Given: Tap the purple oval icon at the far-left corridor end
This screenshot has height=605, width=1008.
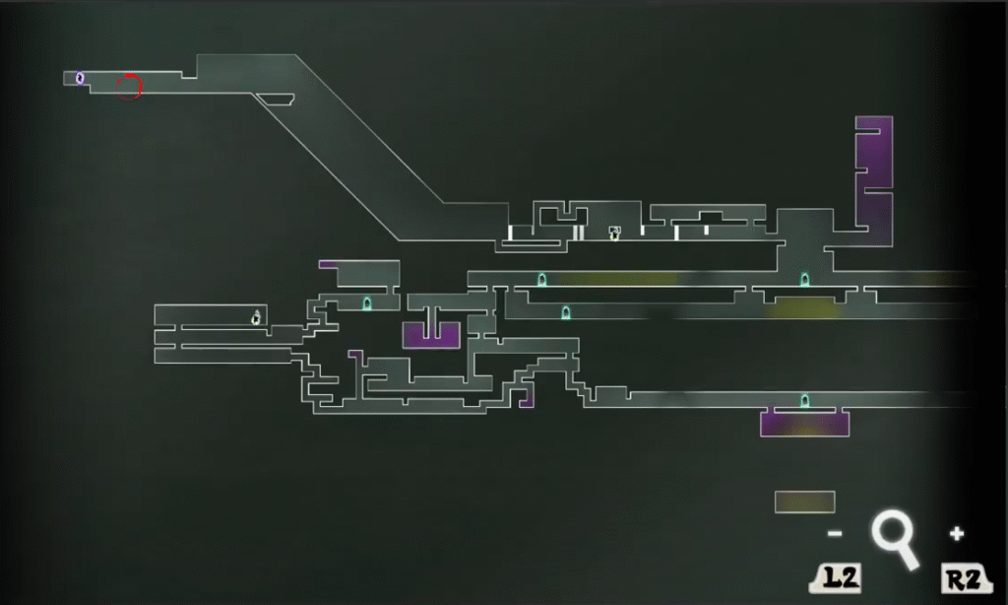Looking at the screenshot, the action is tap(80, 78).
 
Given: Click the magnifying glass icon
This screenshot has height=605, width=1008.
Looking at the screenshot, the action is tap(894, 539).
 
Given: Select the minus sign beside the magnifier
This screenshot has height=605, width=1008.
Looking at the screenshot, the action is tap(835, 533).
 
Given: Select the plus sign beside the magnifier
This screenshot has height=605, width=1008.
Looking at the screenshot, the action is tap(957, 533).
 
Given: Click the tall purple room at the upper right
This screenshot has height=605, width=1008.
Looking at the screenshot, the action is tap(874, 180).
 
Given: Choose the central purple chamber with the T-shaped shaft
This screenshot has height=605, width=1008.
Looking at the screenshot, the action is tap(431, 336).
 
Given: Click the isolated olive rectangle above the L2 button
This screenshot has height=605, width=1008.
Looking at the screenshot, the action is tap(805, 502).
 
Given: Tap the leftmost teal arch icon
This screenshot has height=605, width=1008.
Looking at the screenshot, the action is tap(367, 303).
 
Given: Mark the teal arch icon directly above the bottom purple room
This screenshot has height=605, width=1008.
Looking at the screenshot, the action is tap(805, 401).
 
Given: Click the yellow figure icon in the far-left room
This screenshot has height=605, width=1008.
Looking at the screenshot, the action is tap(256, 317).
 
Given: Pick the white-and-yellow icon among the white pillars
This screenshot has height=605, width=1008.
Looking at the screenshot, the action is tap(614, 233).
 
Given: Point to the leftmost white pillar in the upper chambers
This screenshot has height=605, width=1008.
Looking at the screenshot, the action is tap(511, 233).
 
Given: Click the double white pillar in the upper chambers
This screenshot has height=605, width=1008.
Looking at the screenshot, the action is tap(579, 233).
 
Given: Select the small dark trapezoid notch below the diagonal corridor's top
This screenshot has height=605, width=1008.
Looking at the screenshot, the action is tap(276, 100).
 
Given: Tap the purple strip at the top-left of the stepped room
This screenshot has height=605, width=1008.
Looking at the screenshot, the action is tap(328, 264).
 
